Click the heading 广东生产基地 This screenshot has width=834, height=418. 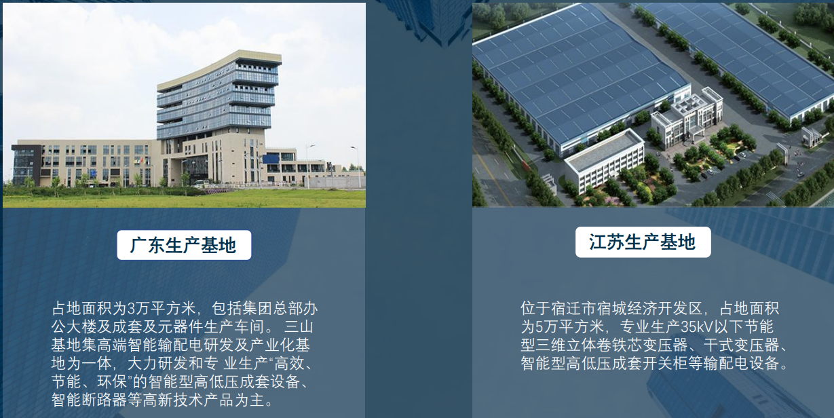183,245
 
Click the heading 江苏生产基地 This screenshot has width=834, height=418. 643,242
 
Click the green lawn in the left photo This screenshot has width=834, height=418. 183,198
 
